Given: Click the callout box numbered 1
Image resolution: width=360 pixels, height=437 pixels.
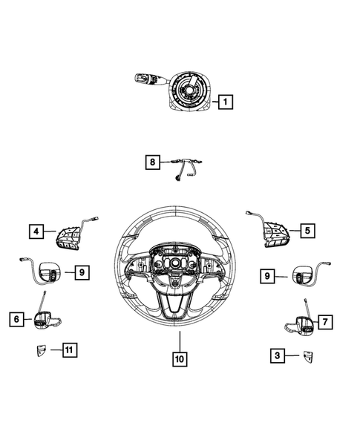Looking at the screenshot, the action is coord(226,102).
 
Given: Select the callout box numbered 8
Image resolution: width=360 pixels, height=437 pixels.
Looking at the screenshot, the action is coord(152,162).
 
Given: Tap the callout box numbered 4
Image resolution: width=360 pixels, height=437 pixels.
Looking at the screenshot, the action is coord(36,231).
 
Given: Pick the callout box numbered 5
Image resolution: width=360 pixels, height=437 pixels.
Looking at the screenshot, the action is coord(307,231).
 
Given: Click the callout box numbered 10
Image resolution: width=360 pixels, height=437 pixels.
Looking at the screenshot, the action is coord(180,359).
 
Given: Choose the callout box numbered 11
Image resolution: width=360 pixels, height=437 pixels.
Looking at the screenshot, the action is coord(70,349).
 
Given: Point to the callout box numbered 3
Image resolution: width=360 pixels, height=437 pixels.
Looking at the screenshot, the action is coord(278,355).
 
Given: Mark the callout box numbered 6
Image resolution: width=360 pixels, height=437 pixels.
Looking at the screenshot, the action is coord(17,319).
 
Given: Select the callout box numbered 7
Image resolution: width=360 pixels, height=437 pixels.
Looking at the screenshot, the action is coord(325,322).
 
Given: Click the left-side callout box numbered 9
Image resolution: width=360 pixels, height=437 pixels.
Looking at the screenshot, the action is coord(82,272).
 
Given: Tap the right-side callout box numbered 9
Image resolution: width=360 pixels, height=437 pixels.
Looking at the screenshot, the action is coord(267,276).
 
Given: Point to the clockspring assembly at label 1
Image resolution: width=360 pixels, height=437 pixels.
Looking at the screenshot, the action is coord(189,91).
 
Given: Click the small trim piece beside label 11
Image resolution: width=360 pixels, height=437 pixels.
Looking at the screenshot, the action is coord(41,350).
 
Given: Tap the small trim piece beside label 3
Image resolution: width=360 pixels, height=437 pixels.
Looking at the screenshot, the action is coord(308,356).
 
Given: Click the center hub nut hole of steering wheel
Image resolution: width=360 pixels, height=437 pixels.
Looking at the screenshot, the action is coord(176,262).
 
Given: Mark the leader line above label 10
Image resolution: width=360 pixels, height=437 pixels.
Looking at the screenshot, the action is coord(180,341).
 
